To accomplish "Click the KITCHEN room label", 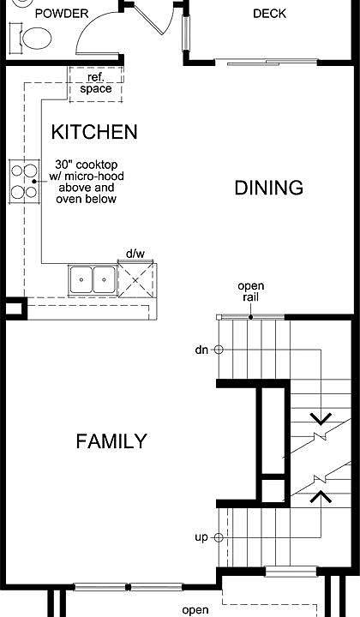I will point(94,132).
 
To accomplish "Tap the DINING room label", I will point(269,188).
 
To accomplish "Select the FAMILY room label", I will point(111,441).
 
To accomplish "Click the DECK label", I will point(269,13).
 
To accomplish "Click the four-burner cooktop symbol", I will point(22,180).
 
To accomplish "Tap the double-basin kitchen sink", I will point(93,279).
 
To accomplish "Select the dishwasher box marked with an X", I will point(135,279).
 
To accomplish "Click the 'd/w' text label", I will point(135,254).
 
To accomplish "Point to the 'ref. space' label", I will point(96,83).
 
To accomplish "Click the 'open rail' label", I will point(251,291).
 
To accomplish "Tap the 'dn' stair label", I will point(201,350).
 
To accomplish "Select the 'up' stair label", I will point(201,537).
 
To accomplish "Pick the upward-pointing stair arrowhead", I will point(321,495).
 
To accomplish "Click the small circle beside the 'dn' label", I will point(219,350).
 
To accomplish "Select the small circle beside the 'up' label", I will point(219,537).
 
